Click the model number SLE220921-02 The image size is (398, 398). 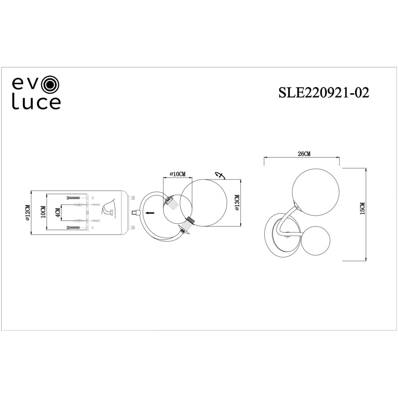324,93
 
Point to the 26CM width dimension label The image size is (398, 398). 304,154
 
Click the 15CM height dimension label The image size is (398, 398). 363,209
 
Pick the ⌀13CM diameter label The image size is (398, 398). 236,203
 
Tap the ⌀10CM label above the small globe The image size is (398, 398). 178,174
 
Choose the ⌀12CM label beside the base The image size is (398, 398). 27,213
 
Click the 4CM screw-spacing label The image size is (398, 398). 58,213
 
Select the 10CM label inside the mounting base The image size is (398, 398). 43,211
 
